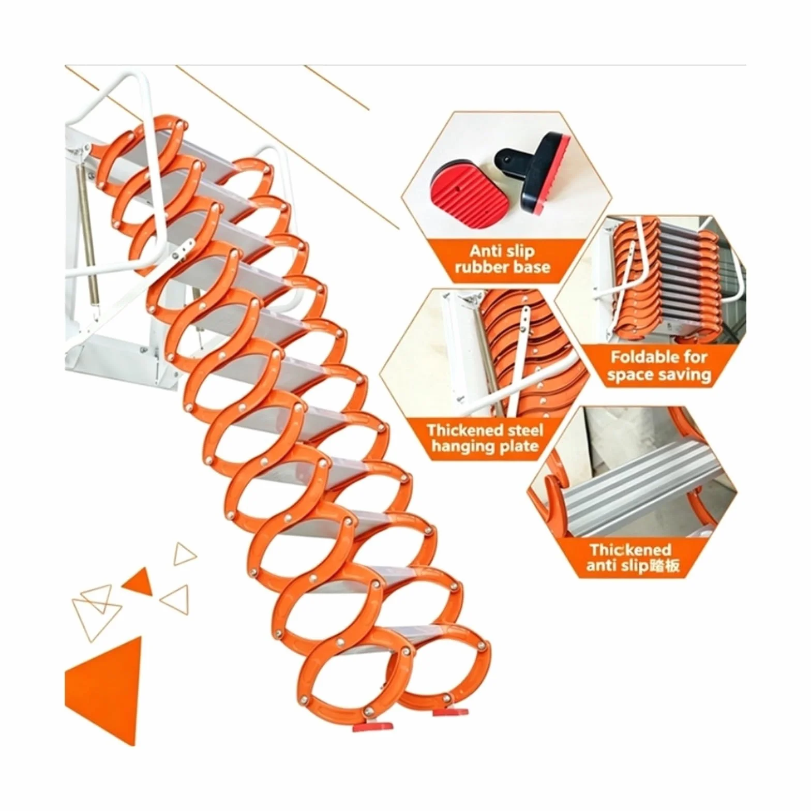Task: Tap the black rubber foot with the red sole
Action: click(534, 170)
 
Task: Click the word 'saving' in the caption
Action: click(682, 374)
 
